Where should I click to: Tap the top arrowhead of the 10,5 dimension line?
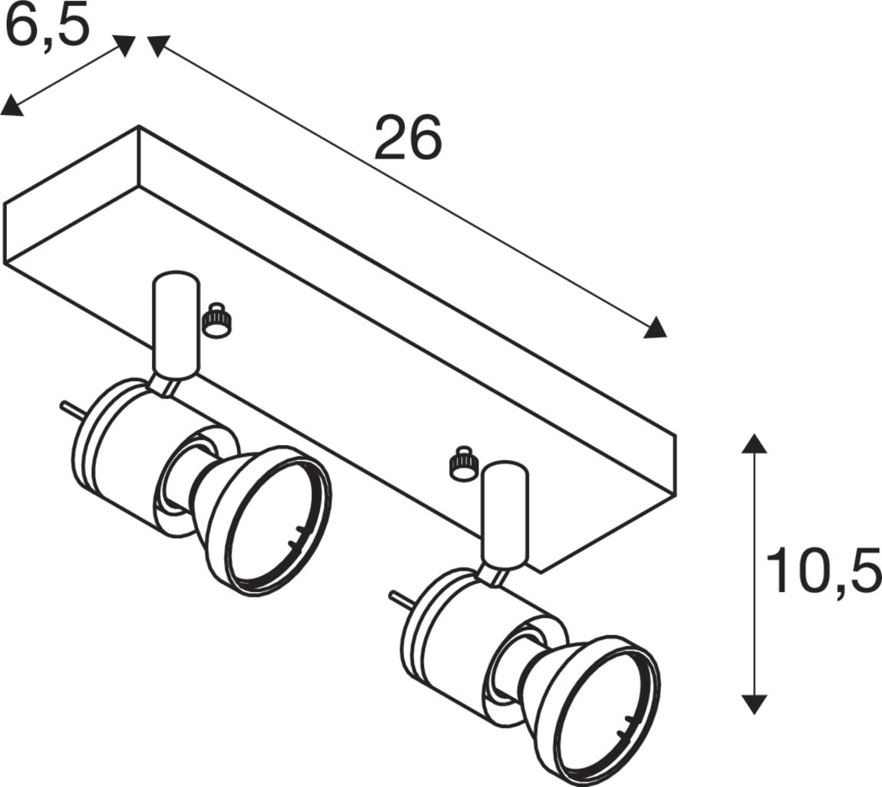(x=754, y=443)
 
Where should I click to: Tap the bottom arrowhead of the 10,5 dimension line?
(x=754, y=703)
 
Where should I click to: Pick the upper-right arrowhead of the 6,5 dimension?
(x=124, y=45)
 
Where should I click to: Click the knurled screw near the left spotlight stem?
(x=216, y=321)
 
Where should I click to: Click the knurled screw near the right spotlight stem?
(x=463, y=463)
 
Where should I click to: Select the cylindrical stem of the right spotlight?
(x=505, y=513)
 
